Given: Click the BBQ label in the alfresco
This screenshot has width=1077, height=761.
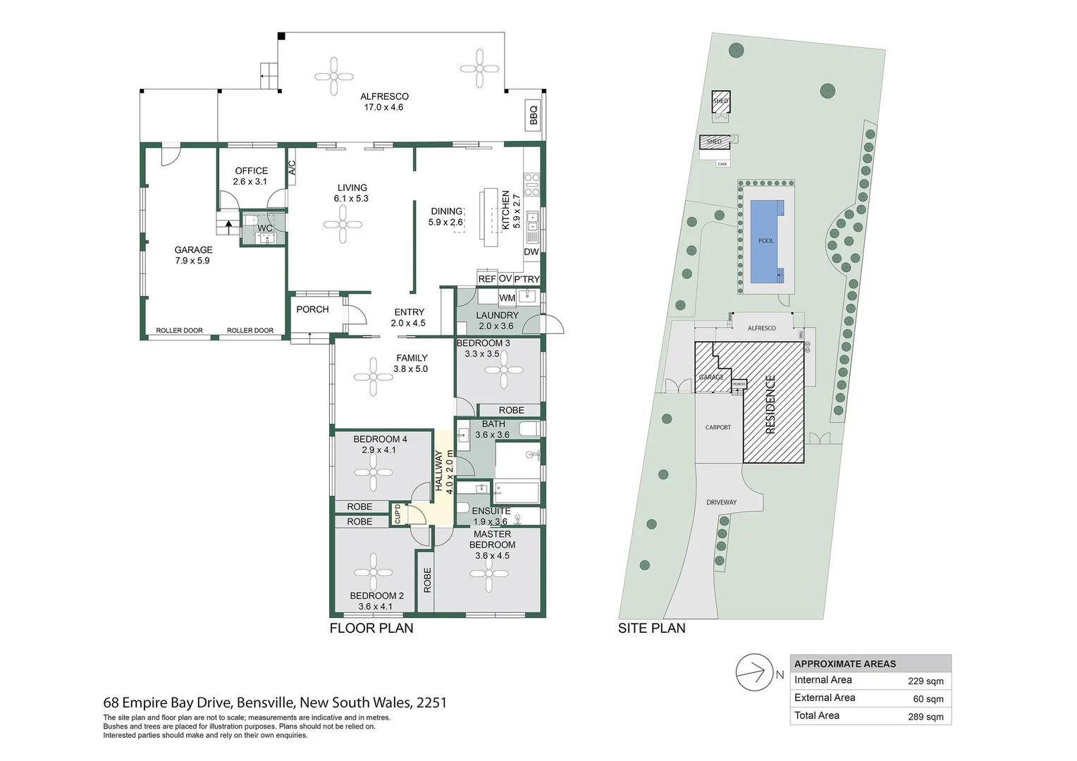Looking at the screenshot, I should click(x=534, y=115).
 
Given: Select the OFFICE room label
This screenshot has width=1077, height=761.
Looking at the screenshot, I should click(x=251, y=171).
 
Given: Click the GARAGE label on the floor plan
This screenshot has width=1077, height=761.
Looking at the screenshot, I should click(x=193, y=250).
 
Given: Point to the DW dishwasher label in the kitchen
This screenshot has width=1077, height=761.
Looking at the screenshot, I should click(x=531, y=252).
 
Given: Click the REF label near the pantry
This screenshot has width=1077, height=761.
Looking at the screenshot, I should click(x=487, y=279).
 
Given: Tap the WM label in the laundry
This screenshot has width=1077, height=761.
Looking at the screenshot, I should click(x=507, y=298).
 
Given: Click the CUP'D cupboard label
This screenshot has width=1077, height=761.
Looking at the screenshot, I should click(x=398, y=514).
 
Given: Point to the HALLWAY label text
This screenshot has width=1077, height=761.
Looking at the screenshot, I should click(x=438, y=471).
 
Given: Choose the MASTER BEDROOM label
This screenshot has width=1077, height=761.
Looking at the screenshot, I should click(x=492, y=539).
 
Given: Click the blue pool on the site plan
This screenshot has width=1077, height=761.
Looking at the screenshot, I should click(x=765, y=241).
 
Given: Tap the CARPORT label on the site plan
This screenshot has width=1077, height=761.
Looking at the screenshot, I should click(x=718, y=428).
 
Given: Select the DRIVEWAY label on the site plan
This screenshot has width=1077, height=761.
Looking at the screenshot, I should click(x=721, y=502).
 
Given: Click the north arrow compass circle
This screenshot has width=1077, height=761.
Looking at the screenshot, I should click(x=753, y=673).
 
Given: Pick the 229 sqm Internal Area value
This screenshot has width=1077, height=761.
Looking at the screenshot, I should click(x=925, y=681).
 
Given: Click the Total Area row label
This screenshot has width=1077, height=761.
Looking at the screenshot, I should click(x=817, y=716).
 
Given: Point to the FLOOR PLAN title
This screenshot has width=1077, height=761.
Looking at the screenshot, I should click(x=371, y=628).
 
